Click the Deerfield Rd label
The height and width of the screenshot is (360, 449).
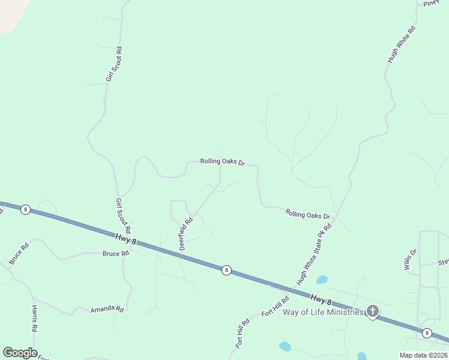(186, 233)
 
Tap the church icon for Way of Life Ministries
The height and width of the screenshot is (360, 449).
(373, 311)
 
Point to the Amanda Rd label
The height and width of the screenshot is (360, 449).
(107, 309)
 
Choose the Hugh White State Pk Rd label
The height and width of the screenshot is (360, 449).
(314, 254)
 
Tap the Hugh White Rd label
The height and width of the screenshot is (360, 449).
(402, 44)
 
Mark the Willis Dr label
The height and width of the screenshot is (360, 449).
(411, 260)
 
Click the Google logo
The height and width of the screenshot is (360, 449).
(20, 353)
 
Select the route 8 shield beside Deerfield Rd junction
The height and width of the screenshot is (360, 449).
(226, 270)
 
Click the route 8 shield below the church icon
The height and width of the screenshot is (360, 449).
(427, 333)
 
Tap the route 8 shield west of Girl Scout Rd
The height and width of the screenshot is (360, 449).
(25, 209)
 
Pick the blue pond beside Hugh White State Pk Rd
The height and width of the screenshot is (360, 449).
(322, 280)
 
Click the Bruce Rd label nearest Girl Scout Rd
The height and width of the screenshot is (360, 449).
(116, 254)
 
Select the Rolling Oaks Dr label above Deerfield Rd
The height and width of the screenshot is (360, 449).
(223, 162)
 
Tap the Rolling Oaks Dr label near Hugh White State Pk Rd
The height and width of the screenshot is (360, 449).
(308, 214)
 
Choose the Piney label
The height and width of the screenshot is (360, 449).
(432, 4)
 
